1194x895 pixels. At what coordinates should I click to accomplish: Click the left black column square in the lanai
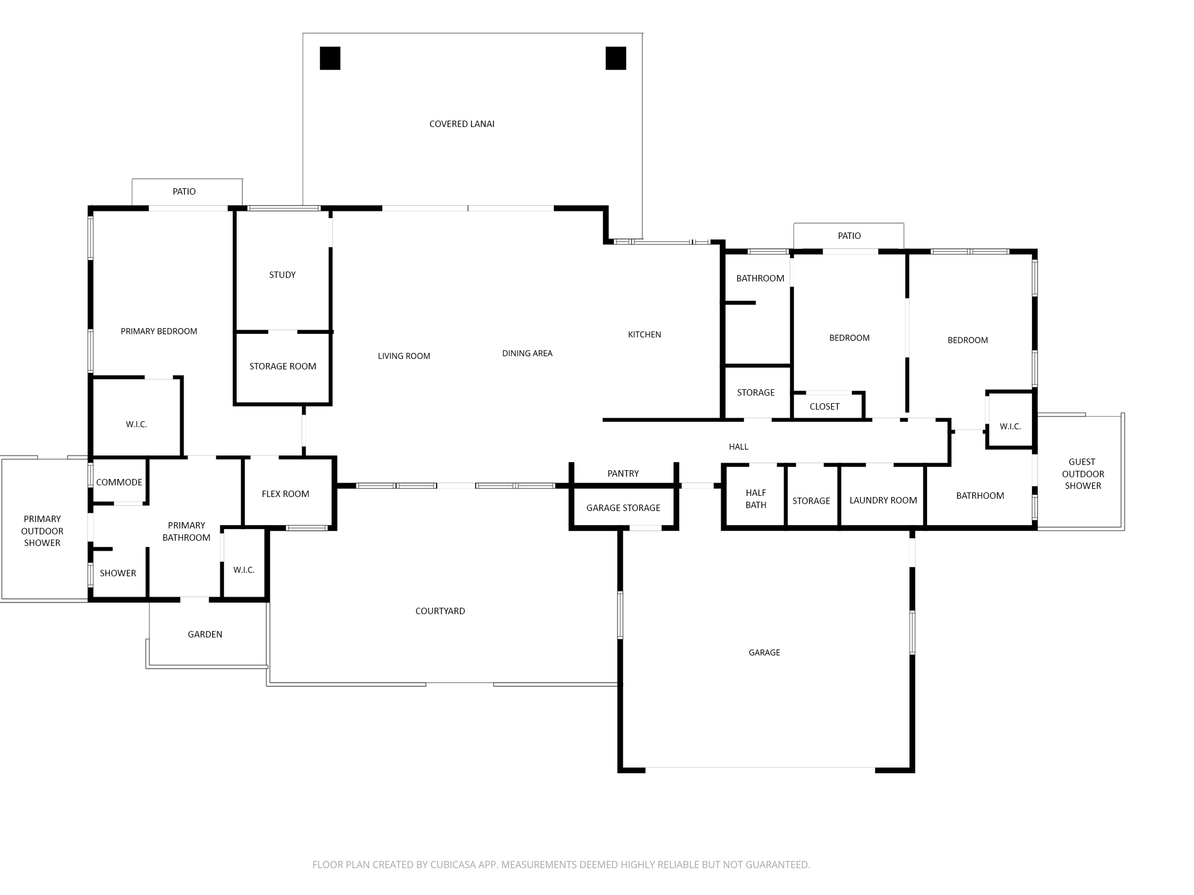pyautogui.click(x=330, y=58)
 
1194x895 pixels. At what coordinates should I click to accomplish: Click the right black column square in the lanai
pyautogui.click(x=616, y=58)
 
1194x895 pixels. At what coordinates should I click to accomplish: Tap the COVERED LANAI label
pyautogui.click(x=462, y=124)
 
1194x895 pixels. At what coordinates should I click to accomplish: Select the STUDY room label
pyautogui.click(x=282, y=275)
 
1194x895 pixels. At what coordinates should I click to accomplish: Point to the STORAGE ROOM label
pyautogui.click(x=283, y=367)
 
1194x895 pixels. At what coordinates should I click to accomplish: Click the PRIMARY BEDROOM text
pyautogui.click(x=159, y=332)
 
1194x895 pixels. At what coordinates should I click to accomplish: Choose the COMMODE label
pyautogui.click(x=119, y=482)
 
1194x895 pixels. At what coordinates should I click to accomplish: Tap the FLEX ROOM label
pyautogui.click(x=286, y=494)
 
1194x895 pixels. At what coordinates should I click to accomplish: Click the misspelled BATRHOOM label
pyautogui.click(x=980, y=496)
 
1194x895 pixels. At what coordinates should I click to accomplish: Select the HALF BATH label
pyautogui.click(x=756, y=499)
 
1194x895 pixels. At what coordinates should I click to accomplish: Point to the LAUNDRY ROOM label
pyautogui.click(x=883, y=501)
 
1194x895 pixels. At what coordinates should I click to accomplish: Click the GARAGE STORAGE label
pyautogui.click(x=623, y=508)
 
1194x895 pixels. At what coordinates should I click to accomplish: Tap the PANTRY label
pyautogui.click(x=623, y=474)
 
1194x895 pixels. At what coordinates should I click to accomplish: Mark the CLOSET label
pyautogui.click(x=824, y=407)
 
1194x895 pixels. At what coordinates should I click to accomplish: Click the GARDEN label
pyautogui.click(x=205, y=635)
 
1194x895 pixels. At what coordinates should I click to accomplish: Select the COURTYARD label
pyautogui.click(x=440, y=611)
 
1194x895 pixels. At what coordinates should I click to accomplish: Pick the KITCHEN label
pyautogui.click(x=644, y=334)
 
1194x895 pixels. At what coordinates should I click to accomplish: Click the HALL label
pyautogui.click(x=739, y=447)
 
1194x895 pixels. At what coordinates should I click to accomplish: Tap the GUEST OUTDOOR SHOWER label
pyautogui.click(x=1083, y=474)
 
